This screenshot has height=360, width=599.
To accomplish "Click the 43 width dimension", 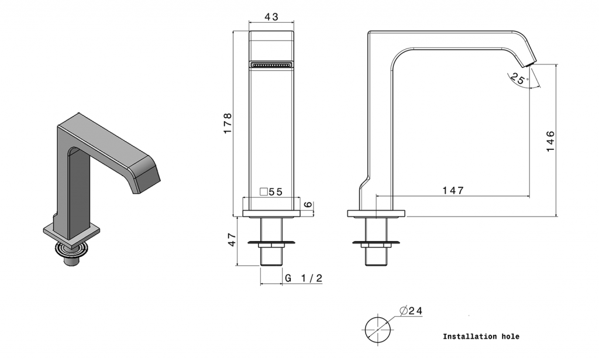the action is pyautogui.click(x=271, y=17).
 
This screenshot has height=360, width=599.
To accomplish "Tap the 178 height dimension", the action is pyautogui.click(x=228, y=123).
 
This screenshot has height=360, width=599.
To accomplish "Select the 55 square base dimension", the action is pyautogui.click(x=276, y=192).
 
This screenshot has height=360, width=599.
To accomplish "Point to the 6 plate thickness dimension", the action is pyautogui.click(x=308, y=205).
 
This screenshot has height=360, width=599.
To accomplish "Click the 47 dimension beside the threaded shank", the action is pyautogui.click(x=232, y=240).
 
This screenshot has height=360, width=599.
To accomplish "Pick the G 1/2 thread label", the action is pyautogui.click(x=304, y=278).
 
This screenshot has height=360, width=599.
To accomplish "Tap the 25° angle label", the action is pyautogui.click(x=519, y=78).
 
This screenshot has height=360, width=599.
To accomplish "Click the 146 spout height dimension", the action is pyautogui.click(x=550, y=141).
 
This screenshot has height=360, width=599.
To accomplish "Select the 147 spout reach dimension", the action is pyautogui.click(x=453, y=190).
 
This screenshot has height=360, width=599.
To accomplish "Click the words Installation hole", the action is pyautogui.click(x=481, y=337).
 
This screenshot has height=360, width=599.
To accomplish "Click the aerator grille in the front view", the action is pyautogui.click(x=271, y=64).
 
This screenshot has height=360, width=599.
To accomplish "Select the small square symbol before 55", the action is pyautogui.click(x=264, y=192).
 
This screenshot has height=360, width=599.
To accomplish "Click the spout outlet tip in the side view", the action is pyautogui.click(x=531, y=64).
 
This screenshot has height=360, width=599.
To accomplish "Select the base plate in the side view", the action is pyautogui.click(x=376, y=214).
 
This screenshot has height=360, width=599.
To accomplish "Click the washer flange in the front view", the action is pyautogui.click(x=271, y=242).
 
